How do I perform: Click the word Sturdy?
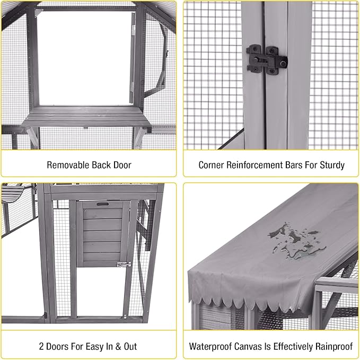(331, 165)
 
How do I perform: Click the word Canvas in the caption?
(251, 346)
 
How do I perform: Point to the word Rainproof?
(331, 346)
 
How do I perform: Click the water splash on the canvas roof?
(295, 241)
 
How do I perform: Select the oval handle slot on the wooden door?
(102, 204)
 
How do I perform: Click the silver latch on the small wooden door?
(124, 264)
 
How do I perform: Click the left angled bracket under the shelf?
(32, 136)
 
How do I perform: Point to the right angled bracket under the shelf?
(139, 136)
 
